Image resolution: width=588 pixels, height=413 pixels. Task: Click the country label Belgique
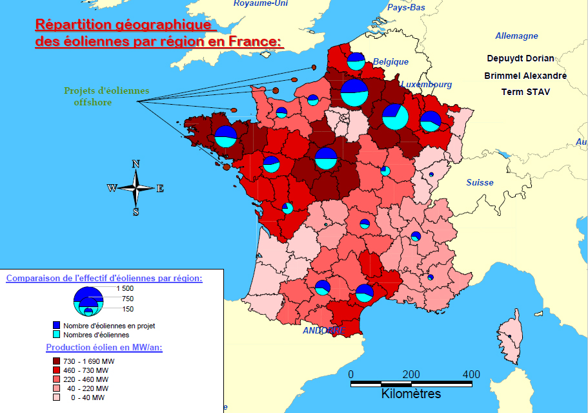[390, 61]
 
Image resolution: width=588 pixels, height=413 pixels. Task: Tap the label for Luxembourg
[426, 84]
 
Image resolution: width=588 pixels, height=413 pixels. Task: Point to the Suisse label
[480, 182]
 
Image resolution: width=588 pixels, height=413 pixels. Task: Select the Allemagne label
[516, 36]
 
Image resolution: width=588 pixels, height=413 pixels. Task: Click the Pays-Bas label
[406, 8]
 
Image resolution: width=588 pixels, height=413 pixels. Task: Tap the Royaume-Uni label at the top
[261, 3]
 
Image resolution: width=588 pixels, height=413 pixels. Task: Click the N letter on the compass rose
[136, 164]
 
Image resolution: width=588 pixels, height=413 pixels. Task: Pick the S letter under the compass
[136, 211]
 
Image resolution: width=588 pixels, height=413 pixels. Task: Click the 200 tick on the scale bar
[411, 374]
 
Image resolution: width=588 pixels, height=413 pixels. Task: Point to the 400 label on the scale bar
[471, 374]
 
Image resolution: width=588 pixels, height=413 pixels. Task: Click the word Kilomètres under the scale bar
[411, 394]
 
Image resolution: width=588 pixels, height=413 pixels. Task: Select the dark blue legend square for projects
[56, 326]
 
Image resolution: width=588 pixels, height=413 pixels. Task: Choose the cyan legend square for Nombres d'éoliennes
[56, 335]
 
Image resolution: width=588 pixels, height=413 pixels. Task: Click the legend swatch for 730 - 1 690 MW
[56, 361]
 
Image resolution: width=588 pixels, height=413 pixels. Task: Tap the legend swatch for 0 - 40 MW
[56, 397]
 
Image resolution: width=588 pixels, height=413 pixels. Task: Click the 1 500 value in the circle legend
[125, 288]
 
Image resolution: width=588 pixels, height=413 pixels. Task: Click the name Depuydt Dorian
[520, 58]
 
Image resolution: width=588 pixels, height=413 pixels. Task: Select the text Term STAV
[525, 92]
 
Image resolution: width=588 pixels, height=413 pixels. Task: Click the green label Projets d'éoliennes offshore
[106, 96]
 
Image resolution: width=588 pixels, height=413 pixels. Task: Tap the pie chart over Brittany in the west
[225, 136]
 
